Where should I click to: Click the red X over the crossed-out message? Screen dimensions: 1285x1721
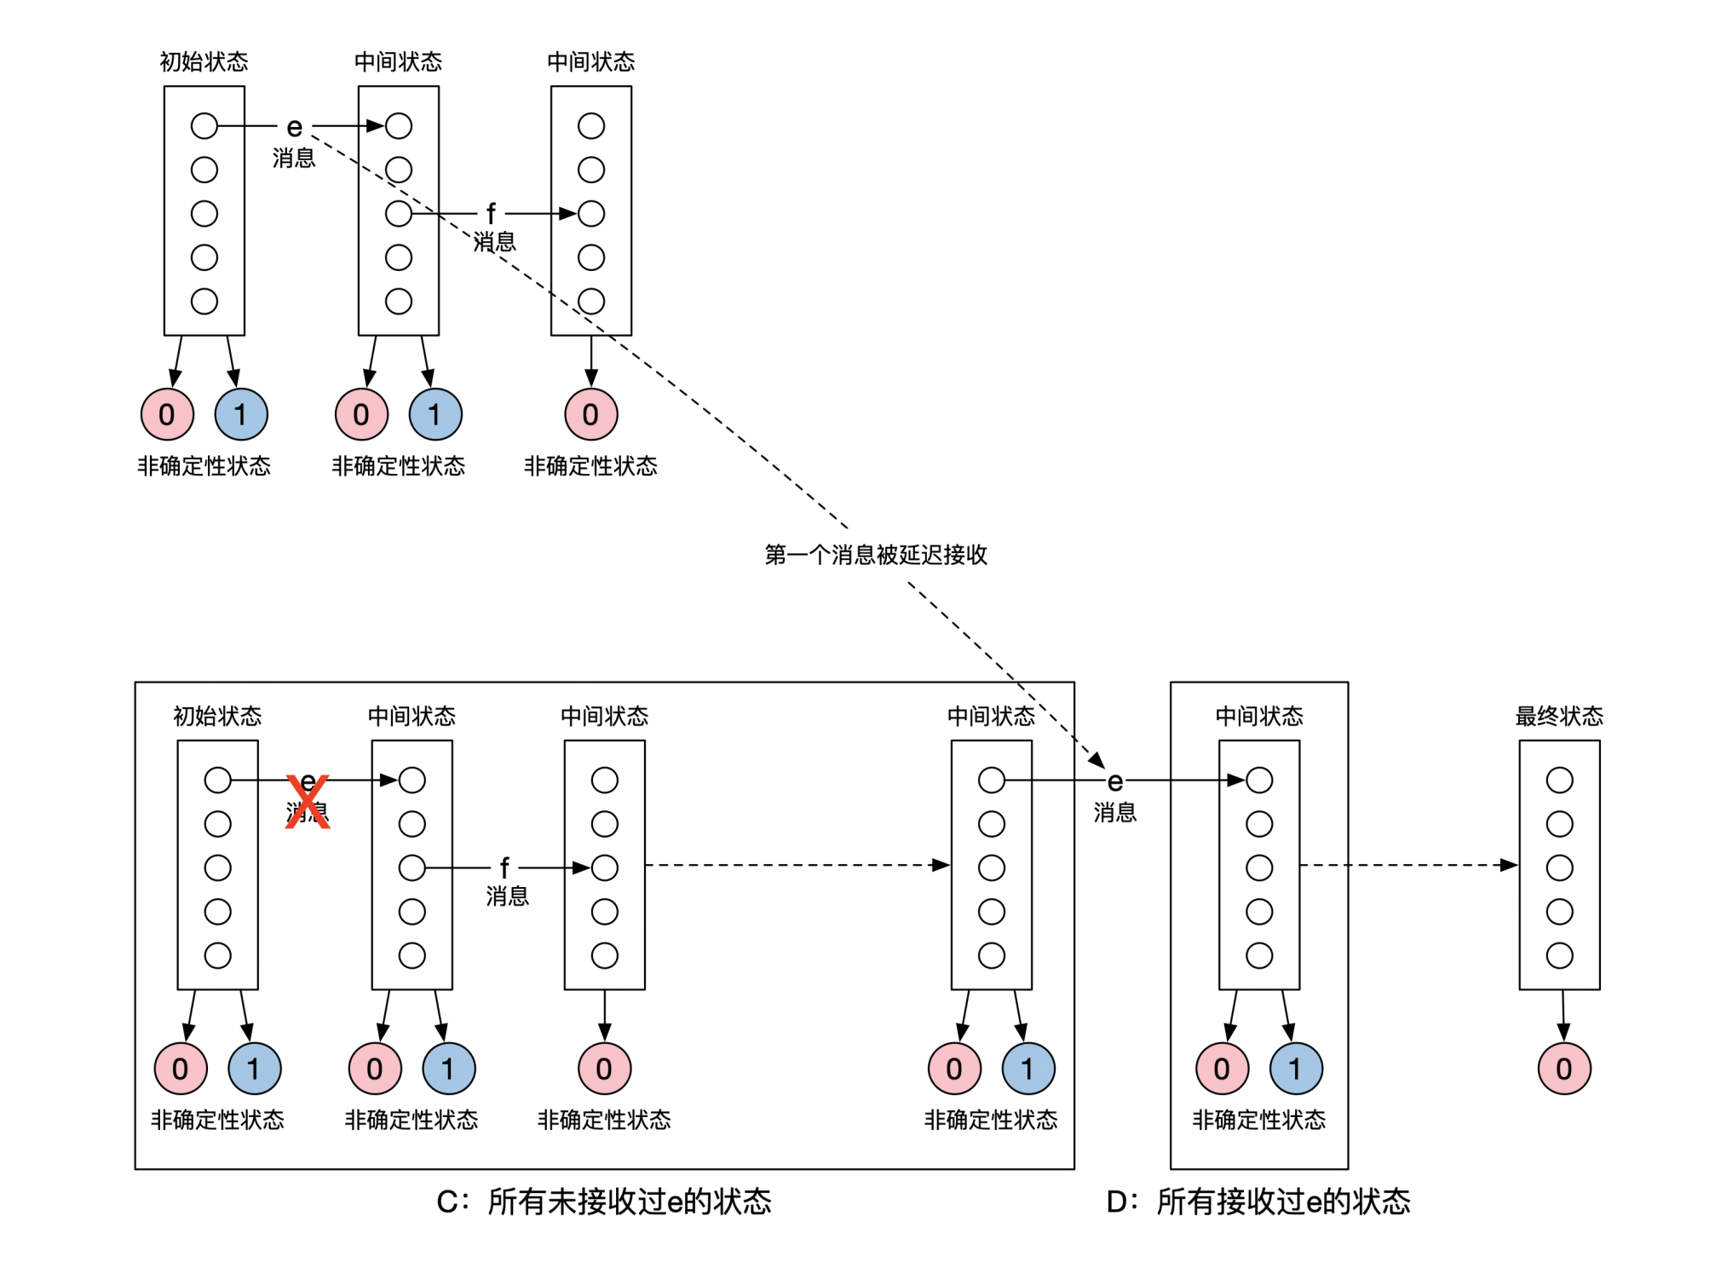(x=307, y=801)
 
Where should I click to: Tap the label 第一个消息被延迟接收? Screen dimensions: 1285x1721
(x=875, y=555)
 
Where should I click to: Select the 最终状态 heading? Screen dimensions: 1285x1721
(x=1558, y=716)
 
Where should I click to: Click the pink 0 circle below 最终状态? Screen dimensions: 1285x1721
(x=1563, y=1069)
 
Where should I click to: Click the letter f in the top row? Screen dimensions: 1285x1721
(x=491, y=213)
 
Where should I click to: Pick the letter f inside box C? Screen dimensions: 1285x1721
(x=504, y=867)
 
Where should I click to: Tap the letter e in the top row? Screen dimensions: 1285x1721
(x=294, y=127)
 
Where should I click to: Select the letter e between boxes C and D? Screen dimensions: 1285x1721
(x=1114, y=781)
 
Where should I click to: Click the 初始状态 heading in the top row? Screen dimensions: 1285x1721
(x=204, y=61)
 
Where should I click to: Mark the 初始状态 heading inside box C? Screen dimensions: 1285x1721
(x=217, y=716)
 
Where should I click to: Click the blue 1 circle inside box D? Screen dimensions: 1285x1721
(x=1295, y=1069)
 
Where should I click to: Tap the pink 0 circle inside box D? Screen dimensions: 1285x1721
(x=1222, y=1069)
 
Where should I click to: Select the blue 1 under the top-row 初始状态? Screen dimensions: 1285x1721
(x=241, y=414)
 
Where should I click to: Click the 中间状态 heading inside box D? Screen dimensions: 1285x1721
(x=1258, y=716)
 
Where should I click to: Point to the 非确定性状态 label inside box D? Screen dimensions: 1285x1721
(x=1258, y=1120)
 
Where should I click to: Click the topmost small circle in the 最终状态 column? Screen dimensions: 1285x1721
(x=1559, y=780)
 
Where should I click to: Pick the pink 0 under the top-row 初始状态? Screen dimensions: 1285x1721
(x=167, y=414)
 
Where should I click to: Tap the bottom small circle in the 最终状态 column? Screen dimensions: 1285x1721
(x=1559, y=955)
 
